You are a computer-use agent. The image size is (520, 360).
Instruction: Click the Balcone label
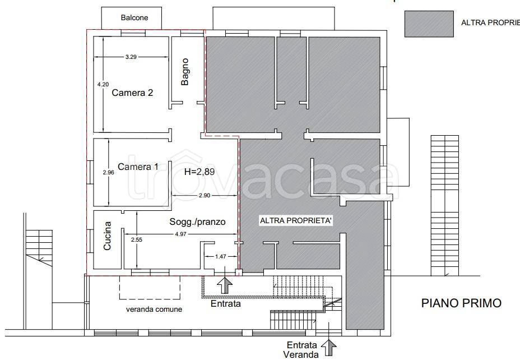click(134, 17)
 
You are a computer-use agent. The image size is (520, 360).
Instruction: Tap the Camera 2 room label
click(132, 93)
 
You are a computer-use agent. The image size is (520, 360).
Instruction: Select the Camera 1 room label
click(138, 167)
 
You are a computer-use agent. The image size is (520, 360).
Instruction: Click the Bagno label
click(185, 72)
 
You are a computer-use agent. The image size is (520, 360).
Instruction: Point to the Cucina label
click(107, 236)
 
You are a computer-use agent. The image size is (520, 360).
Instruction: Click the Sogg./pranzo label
click(198, 221)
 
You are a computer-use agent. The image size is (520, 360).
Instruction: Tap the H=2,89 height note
click(199, 172)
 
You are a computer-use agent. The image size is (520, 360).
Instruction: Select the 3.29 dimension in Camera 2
click(131, 57)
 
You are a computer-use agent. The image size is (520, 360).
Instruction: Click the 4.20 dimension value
click(103, 84)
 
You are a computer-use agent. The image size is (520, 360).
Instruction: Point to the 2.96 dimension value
click(109, 172)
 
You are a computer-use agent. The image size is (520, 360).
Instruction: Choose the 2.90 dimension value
click(205, 196)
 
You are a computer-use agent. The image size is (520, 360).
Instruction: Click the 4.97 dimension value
click(181, 234)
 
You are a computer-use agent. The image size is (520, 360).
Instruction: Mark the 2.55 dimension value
click(136, 239)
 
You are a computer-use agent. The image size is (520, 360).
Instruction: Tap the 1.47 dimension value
click(221, 256)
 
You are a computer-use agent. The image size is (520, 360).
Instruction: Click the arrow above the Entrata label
click(225, 285)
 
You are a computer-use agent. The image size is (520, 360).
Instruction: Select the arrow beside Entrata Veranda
click(329, 347)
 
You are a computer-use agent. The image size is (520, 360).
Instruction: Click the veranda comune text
click(154, 309)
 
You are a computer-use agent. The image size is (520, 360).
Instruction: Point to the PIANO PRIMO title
click(461, 303)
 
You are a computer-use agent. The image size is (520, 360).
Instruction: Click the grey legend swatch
click(429, 24)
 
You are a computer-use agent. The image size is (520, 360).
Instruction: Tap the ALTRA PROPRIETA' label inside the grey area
click(296, 220)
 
